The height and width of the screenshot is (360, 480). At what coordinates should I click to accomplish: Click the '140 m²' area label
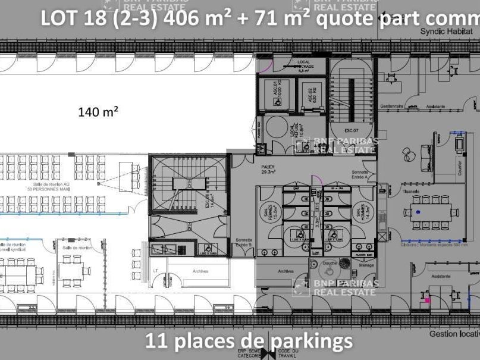(98, 111)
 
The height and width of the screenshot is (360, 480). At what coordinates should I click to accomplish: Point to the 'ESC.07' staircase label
(351, 130)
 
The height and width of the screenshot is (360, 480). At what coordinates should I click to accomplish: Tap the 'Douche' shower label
(330, 262)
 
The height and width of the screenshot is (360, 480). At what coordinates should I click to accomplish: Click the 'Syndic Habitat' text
(444, 31)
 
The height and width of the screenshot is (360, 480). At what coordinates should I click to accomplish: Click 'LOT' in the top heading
(58, 18)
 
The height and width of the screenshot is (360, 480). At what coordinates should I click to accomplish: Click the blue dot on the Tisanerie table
(418, 212)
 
